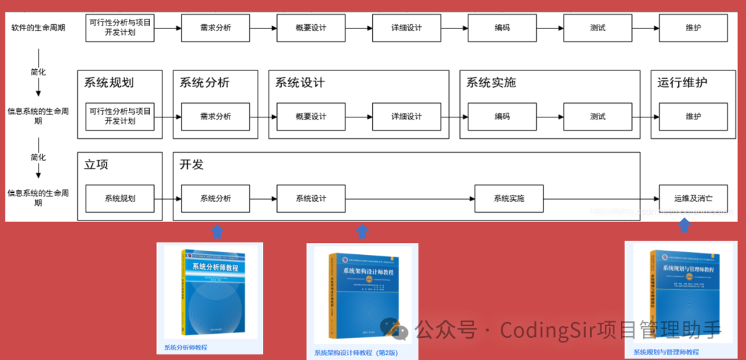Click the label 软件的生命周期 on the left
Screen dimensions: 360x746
39,28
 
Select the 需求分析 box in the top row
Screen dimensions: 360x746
216,28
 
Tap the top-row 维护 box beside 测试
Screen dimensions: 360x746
693,28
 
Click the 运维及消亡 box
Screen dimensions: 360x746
693,198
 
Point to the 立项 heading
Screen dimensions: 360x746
96,165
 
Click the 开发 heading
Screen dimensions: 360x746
191,165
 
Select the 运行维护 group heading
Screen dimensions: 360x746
682,83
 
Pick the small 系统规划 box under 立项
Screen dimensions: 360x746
120,198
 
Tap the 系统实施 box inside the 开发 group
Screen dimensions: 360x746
508,198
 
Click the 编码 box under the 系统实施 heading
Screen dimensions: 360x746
502,117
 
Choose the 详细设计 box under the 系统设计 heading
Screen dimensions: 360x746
406,117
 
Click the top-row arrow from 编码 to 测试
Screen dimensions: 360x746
550,28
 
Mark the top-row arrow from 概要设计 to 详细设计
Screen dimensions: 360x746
358,28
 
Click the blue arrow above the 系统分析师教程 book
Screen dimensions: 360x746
217,231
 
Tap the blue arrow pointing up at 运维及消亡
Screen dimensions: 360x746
684,225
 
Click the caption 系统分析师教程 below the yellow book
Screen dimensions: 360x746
185,348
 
